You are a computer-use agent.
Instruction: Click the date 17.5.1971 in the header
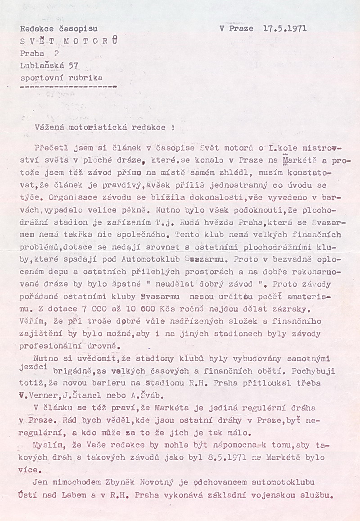click(x=284, y=28)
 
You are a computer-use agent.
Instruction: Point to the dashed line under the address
click(x=68, y=85)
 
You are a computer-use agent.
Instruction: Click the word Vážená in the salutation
click(x=47, y=127)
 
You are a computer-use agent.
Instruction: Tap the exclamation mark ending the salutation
click(x=173, y=127)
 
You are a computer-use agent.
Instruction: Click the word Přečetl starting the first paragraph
click(x=49, y=147)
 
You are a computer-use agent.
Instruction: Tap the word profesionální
click(x=52, y=346)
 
